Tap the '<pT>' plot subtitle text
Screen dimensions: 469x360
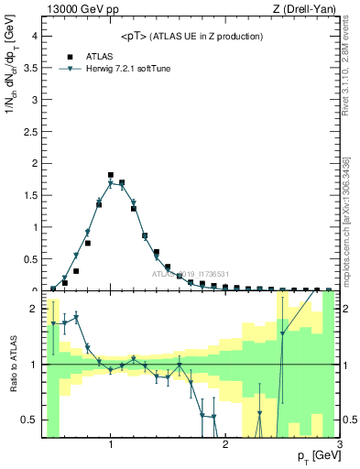pyautogui.click(x=191, y=36)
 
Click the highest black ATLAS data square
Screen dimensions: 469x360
pyautogui.click(x=111, y=174)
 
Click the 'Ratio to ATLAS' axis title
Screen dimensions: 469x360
pyautogui.click(x=12, y=365)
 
